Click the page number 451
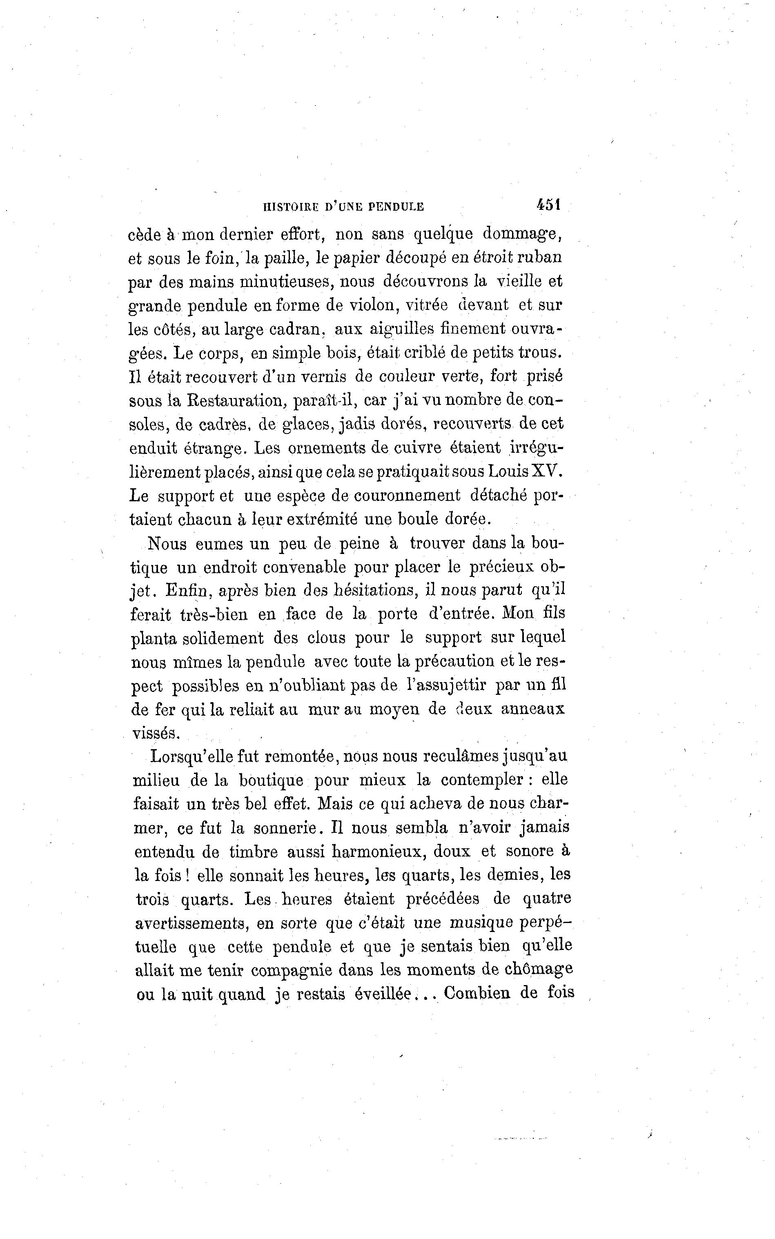click(x=548, y=205)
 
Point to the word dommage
click(x=523, y=235)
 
